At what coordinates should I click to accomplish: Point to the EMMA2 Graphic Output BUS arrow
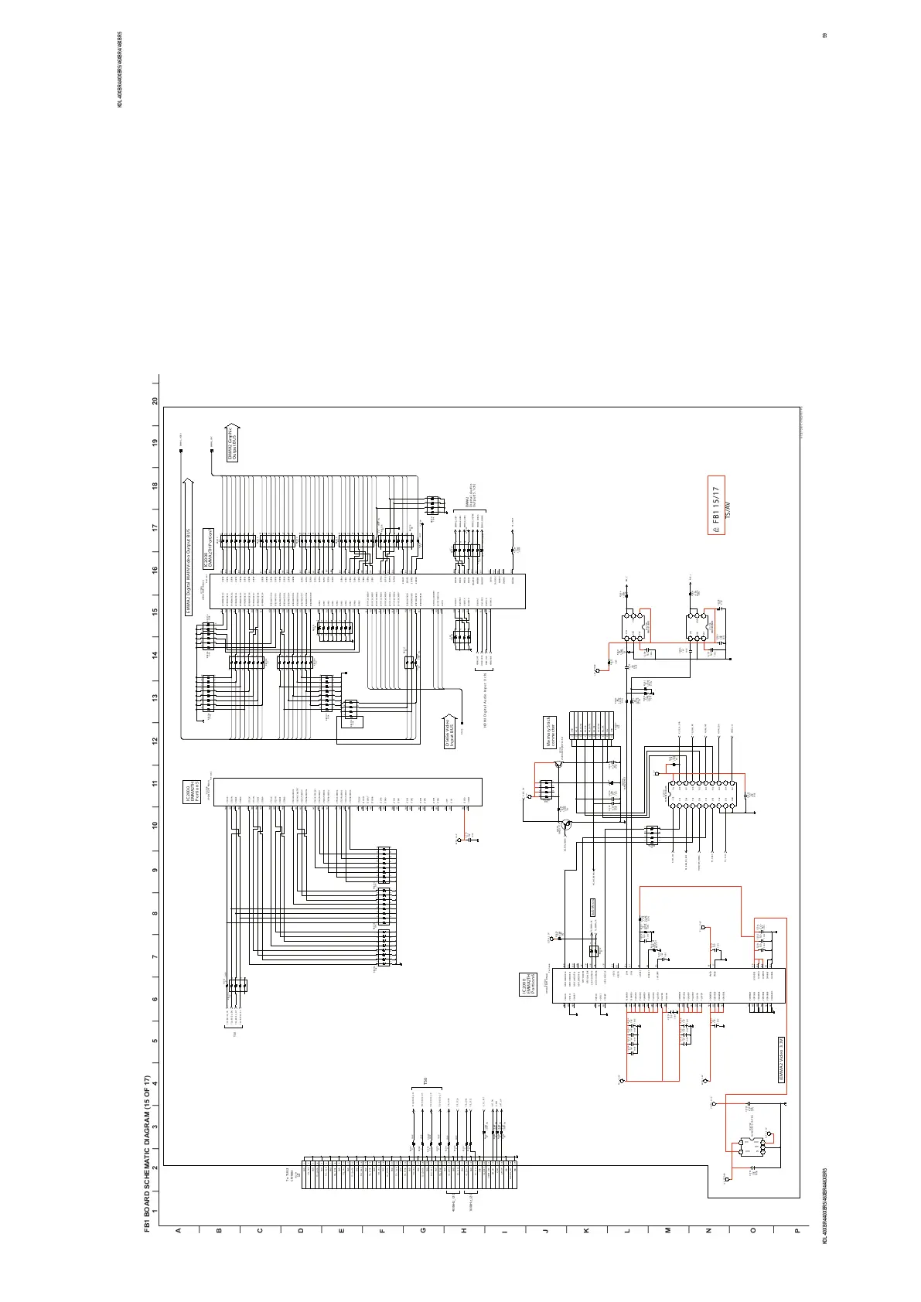click(233, 443)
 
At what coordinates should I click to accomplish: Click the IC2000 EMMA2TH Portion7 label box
click(207, 549)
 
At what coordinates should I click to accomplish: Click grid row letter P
click(796, 1230)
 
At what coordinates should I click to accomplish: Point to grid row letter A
click(178, 1230)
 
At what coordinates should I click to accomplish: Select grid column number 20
click(155, 402)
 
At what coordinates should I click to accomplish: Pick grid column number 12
click(155, 741)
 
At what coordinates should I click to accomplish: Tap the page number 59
click(825, 36)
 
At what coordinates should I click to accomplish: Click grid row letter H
click(465, 1230)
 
